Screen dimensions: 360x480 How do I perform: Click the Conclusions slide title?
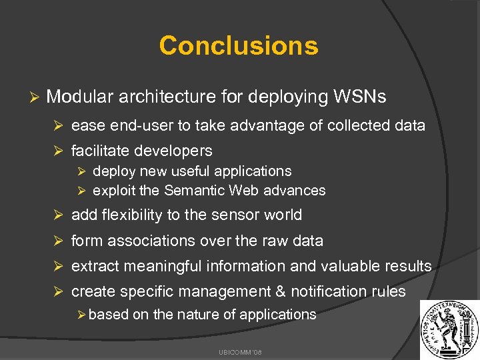[239, 45]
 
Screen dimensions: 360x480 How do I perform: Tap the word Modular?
[80, 97]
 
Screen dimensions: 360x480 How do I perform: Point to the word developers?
[175, 151]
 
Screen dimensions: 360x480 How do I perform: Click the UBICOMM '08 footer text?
[239, 349]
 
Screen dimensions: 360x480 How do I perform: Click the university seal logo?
[449, 329]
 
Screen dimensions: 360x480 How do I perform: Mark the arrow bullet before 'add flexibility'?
[58, 215]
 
